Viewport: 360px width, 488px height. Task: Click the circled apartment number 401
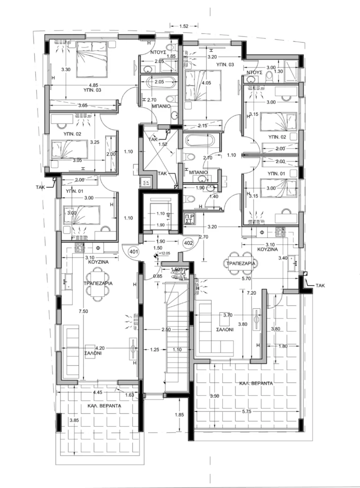click(133, 252)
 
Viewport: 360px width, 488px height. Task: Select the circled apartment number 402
click(188, 243)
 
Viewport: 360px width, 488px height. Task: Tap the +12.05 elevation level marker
click(164, 253)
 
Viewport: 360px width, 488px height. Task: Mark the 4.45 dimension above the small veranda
click(98, 392)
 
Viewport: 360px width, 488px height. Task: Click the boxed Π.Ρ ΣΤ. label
click(189, 219)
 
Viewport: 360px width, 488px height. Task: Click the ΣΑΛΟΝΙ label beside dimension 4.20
click(91, 354)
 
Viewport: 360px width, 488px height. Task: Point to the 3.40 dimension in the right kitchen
click(282, 258)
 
